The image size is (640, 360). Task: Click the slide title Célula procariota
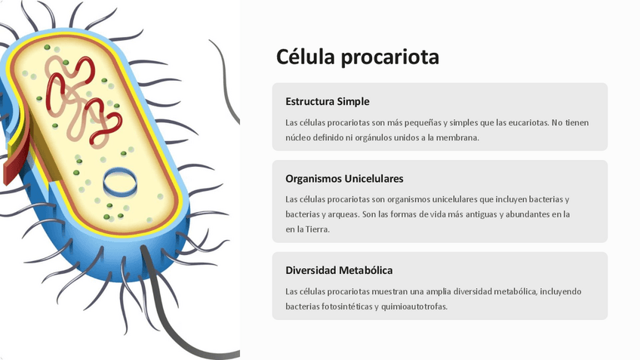[357, 57]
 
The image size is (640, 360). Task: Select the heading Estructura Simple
[327, 102]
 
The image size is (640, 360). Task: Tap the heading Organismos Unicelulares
[344, 179]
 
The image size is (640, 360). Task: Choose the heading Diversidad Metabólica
[339, 270]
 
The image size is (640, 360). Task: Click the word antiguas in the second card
[480, 214]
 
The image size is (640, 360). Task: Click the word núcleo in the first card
[300, 137]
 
